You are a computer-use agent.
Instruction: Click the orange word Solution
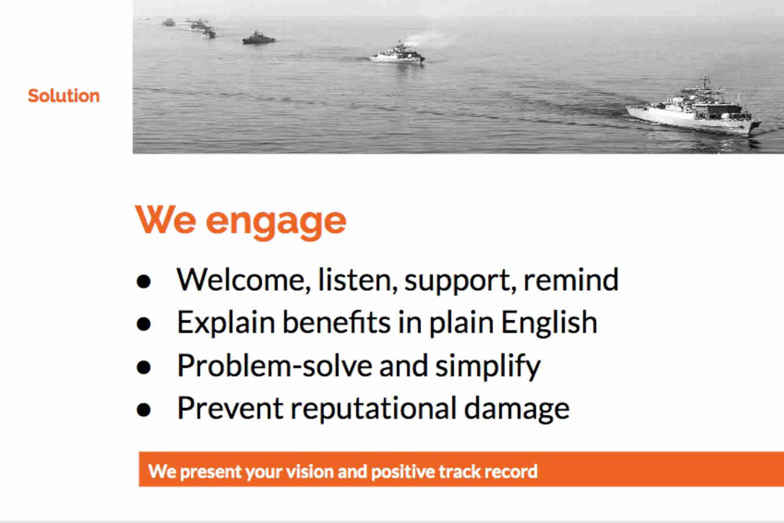64,96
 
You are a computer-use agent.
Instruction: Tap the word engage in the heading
276,222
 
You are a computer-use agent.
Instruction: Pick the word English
549,323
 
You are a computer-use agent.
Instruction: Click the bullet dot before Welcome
143,282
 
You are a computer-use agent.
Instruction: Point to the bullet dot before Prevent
143,410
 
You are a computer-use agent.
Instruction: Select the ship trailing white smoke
397,54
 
